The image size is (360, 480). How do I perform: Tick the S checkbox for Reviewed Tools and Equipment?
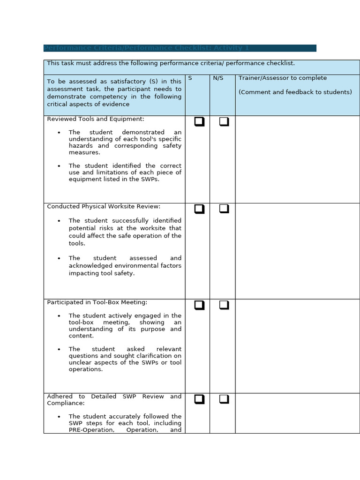click(x=199, y=122)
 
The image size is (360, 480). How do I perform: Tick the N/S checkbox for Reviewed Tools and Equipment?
click(x=224, y=122)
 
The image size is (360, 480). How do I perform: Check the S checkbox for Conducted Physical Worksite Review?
click(x=199, y=209)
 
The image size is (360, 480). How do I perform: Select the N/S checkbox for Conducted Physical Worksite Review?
click(x=224, y=209)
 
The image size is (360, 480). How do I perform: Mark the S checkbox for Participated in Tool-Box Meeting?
click(x=199, y=305)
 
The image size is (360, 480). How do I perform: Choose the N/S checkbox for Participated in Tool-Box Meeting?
click(x=224, y=305)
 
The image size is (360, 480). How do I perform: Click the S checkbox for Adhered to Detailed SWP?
click(x=199, y=399)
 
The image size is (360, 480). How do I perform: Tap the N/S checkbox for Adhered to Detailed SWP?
click(x=224, y=399)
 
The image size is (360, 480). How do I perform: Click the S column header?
click(x=190, y=78)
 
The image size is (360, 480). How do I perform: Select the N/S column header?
click(x=218, y=78)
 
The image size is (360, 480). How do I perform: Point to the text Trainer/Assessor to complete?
click(x=283, y=78)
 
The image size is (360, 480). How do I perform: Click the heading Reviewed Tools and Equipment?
click(x=96, y=119)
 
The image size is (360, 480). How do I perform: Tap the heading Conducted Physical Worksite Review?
click(x=104, y=206)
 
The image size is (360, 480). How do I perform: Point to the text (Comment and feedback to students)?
click(x=295, y=92)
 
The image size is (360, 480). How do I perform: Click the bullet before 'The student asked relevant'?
click(x=59, y=349)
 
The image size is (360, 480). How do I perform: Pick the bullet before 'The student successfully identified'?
click(x=59, y=221)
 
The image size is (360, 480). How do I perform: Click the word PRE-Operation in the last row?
click(x=91, y=430)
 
